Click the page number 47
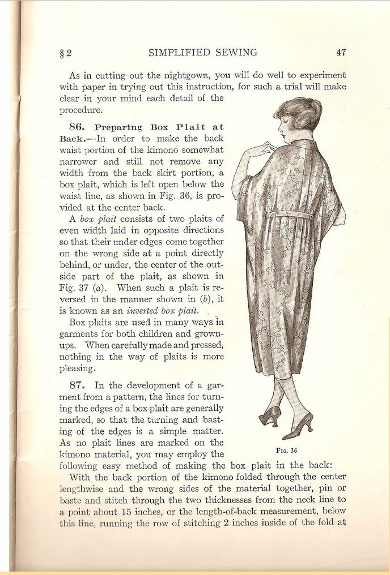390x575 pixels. click(x=341, y=53)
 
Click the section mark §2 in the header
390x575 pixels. click(x=66, y=53)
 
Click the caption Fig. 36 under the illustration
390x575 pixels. click(x=286, y=450)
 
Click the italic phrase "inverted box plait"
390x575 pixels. click(x=163, y=311)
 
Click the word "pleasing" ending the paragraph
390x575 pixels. click(x=77, y=368)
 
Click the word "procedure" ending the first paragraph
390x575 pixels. click(x=80, y=110)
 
